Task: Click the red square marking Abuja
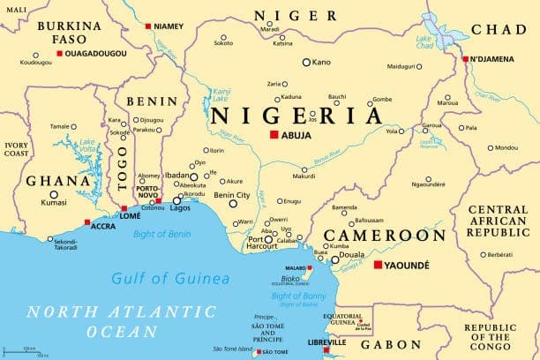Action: [x=274, y=135]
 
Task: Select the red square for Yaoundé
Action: [x=379, y=265]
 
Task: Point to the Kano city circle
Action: [x=306, y=62]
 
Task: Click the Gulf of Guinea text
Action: [x=170, y=279]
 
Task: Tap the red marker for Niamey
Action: [x=148, y=26]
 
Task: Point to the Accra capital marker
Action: [x=86, y=222]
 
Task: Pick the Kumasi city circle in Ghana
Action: [x=53, y=194]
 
